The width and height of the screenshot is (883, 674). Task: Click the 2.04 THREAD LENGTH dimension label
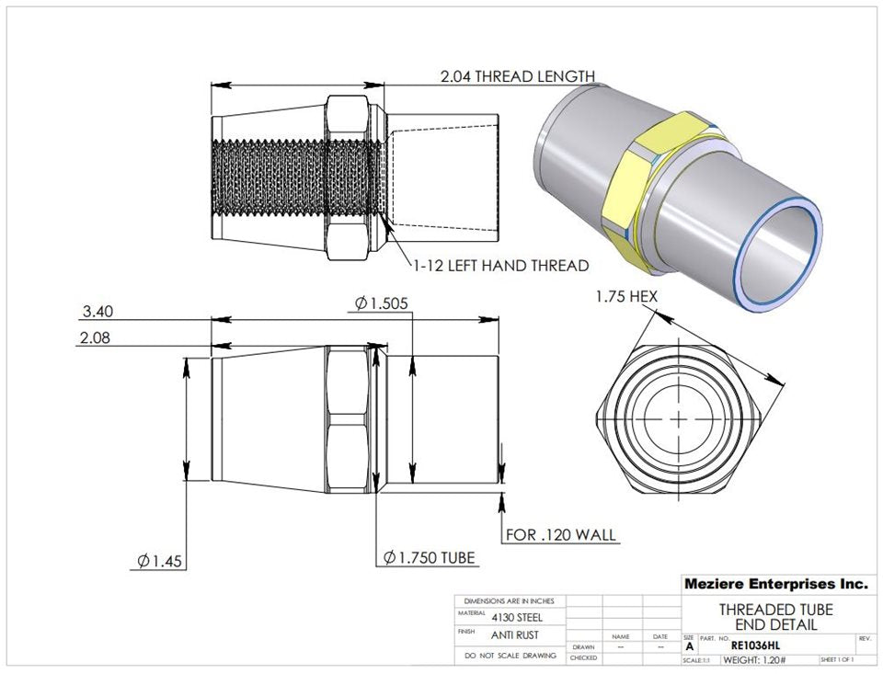(x=517, y=76)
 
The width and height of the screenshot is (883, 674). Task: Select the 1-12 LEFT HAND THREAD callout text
(x=499, y=266)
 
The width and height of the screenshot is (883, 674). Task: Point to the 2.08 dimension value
(x=96, y=337)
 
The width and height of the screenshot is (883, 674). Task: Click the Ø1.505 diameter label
(x=381, y=303)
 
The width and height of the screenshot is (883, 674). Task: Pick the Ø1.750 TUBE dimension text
(x=429, y=557)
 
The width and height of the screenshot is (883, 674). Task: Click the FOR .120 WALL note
(x=561, y=534)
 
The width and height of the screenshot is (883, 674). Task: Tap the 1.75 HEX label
(x=625, y=297)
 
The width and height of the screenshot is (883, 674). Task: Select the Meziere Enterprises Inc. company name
(x=774, y=584)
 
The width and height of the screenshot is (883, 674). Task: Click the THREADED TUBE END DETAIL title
(x=775, y=617)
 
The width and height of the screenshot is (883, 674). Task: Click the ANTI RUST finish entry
(x=515, y=634)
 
